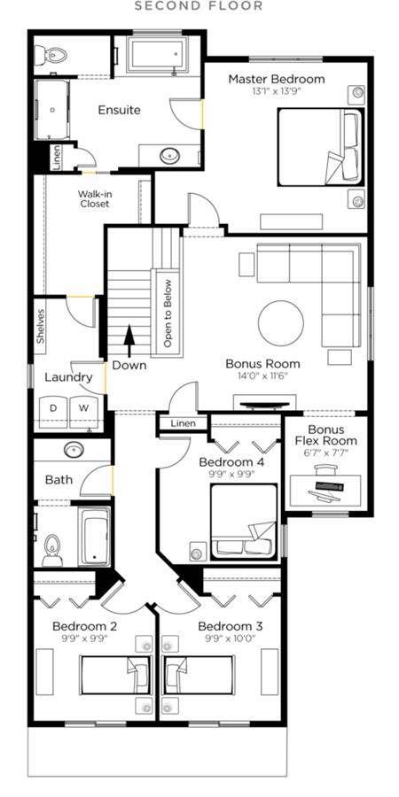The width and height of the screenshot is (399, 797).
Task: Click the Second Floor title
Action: [199, 6]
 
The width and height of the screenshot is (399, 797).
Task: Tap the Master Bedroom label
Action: [277, 80]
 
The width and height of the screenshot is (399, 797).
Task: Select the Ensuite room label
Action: [119, 110]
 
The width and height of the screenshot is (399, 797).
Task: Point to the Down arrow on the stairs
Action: [129, 341]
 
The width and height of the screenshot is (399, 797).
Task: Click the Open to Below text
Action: [168, 313]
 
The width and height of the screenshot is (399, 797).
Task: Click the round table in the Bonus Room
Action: [281, 323]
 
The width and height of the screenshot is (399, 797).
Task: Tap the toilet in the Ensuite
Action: [51, 54]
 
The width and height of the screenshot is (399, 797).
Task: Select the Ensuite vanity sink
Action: [170, 155]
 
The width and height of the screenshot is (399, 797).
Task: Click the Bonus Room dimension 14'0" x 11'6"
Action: [262, 375]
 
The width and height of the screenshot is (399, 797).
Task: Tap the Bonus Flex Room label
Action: [326, 435]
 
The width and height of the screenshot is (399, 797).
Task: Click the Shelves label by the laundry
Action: [41, 327]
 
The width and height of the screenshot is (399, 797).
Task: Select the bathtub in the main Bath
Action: [95, 537]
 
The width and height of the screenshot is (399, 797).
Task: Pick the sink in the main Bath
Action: [74, 449]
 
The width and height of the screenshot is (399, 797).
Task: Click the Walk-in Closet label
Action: [94, 198]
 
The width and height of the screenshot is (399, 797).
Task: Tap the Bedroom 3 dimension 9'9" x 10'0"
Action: [231, 638]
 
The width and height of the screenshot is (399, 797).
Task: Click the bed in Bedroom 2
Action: [115, 675]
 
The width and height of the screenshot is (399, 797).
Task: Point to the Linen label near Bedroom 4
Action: [184, 423]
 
